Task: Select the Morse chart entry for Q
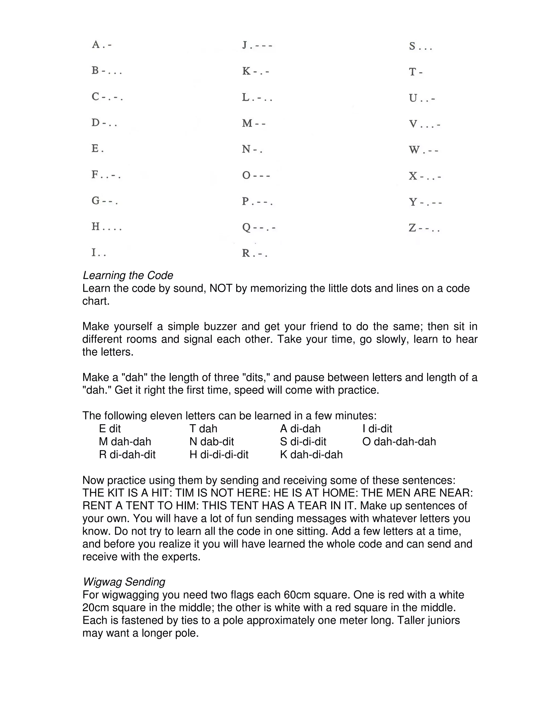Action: click(x=258, y=227)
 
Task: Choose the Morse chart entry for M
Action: click(x=254, y=123)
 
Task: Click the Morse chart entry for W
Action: click(x=423, y=150)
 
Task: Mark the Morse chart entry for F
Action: click(x=106, y=175)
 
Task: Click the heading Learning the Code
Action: click(x=128, y=275)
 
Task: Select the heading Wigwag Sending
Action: click(x=124, y=582)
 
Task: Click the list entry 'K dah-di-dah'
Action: click(x=311, y=454)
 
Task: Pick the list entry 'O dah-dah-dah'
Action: click(x=399, y=442)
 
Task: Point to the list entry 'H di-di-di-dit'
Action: click(x=219, y=454)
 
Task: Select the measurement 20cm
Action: click(x=96, y=607)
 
